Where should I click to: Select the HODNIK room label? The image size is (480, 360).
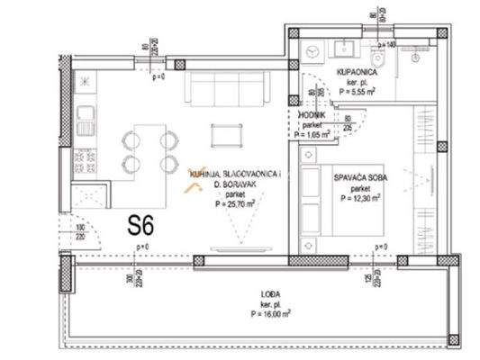(x=313, y=114)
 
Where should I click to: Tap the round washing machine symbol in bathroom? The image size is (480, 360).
(x=312, y=52)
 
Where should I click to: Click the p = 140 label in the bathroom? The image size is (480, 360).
(x=387, y=44)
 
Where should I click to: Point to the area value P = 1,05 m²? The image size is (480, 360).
(x=312, y=134)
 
